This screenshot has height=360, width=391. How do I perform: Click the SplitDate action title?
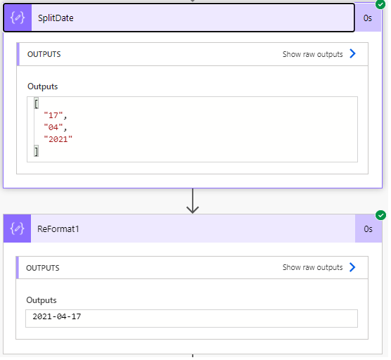[56, 18]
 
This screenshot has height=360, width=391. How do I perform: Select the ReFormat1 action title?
[58, 229]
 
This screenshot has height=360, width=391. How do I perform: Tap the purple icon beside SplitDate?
[18, 18]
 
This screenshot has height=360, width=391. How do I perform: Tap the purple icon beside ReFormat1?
[17, 229]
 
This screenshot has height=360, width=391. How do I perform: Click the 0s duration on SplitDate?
[368, 18]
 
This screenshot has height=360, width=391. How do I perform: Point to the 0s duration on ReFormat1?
[368, 229]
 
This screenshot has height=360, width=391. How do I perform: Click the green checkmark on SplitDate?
[380, 4]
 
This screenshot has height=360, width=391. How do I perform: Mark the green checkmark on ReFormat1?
[380, 215]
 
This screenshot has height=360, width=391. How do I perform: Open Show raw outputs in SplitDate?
[313, 54]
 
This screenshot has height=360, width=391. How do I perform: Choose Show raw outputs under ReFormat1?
[313, 267]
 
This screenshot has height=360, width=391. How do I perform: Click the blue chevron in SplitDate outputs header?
[352, 53]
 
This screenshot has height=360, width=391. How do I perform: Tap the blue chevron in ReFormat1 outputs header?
[352, 267]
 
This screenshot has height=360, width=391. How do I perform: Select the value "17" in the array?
[53, 115]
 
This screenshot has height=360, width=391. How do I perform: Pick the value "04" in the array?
[53, 127]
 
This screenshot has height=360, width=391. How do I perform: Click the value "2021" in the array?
[58, 139]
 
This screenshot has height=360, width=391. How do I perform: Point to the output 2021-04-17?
[57, 317]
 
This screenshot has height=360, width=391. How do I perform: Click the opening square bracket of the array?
[37, 103]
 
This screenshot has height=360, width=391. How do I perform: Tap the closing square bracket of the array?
[37, 151]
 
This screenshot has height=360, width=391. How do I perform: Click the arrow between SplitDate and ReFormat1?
[193, 201]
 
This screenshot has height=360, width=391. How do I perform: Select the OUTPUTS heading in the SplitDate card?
[44, 54]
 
